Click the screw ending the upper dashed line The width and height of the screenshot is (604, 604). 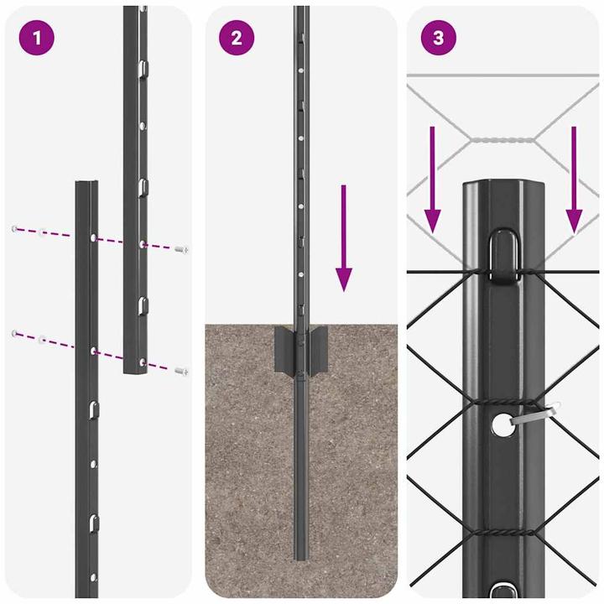(x=181, y=248)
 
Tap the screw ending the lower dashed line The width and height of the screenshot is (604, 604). (x=181, y=370)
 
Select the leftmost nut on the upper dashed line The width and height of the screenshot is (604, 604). (x=14, y=228)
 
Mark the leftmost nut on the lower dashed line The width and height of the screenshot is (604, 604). (x=14, y=334)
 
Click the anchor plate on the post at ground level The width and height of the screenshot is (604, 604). (x=299, y=350)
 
